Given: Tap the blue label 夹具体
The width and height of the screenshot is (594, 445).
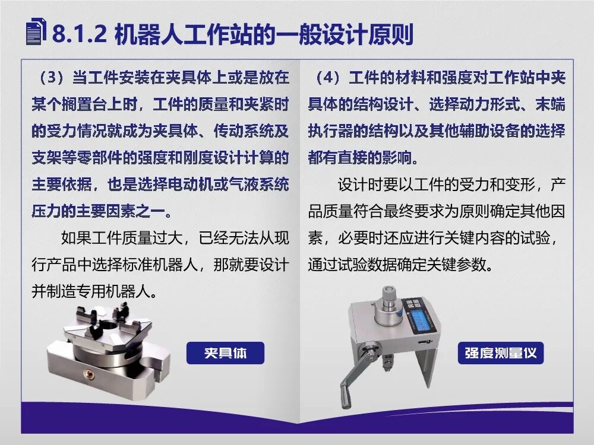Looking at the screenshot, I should (x=225, y=353).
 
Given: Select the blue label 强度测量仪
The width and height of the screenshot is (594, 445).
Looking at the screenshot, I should (x=501, y=353).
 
